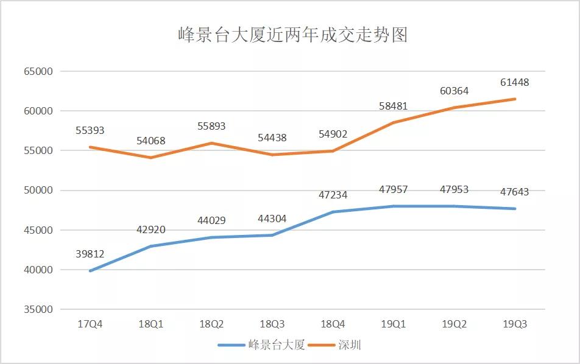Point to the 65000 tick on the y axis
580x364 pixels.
[x=38, y=71]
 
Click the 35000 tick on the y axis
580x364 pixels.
[x=38, y=309]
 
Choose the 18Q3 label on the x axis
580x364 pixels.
[x=272, y=324]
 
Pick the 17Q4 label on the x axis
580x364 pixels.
[x=90, y=324]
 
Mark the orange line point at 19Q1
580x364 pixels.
[x=393, y=122]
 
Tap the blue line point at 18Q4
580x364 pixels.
[x=333, y=212]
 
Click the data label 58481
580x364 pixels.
[x=393, y=106]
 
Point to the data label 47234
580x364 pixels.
[x=333, y=195]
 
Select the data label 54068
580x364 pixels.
[x=150, y=141]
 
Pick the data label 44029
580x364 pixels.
[x=211, y=220]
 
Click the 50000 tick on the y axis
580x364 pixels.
[x=38, y=190]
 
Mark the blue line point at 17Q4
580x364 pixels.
[x=90, y=271]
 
